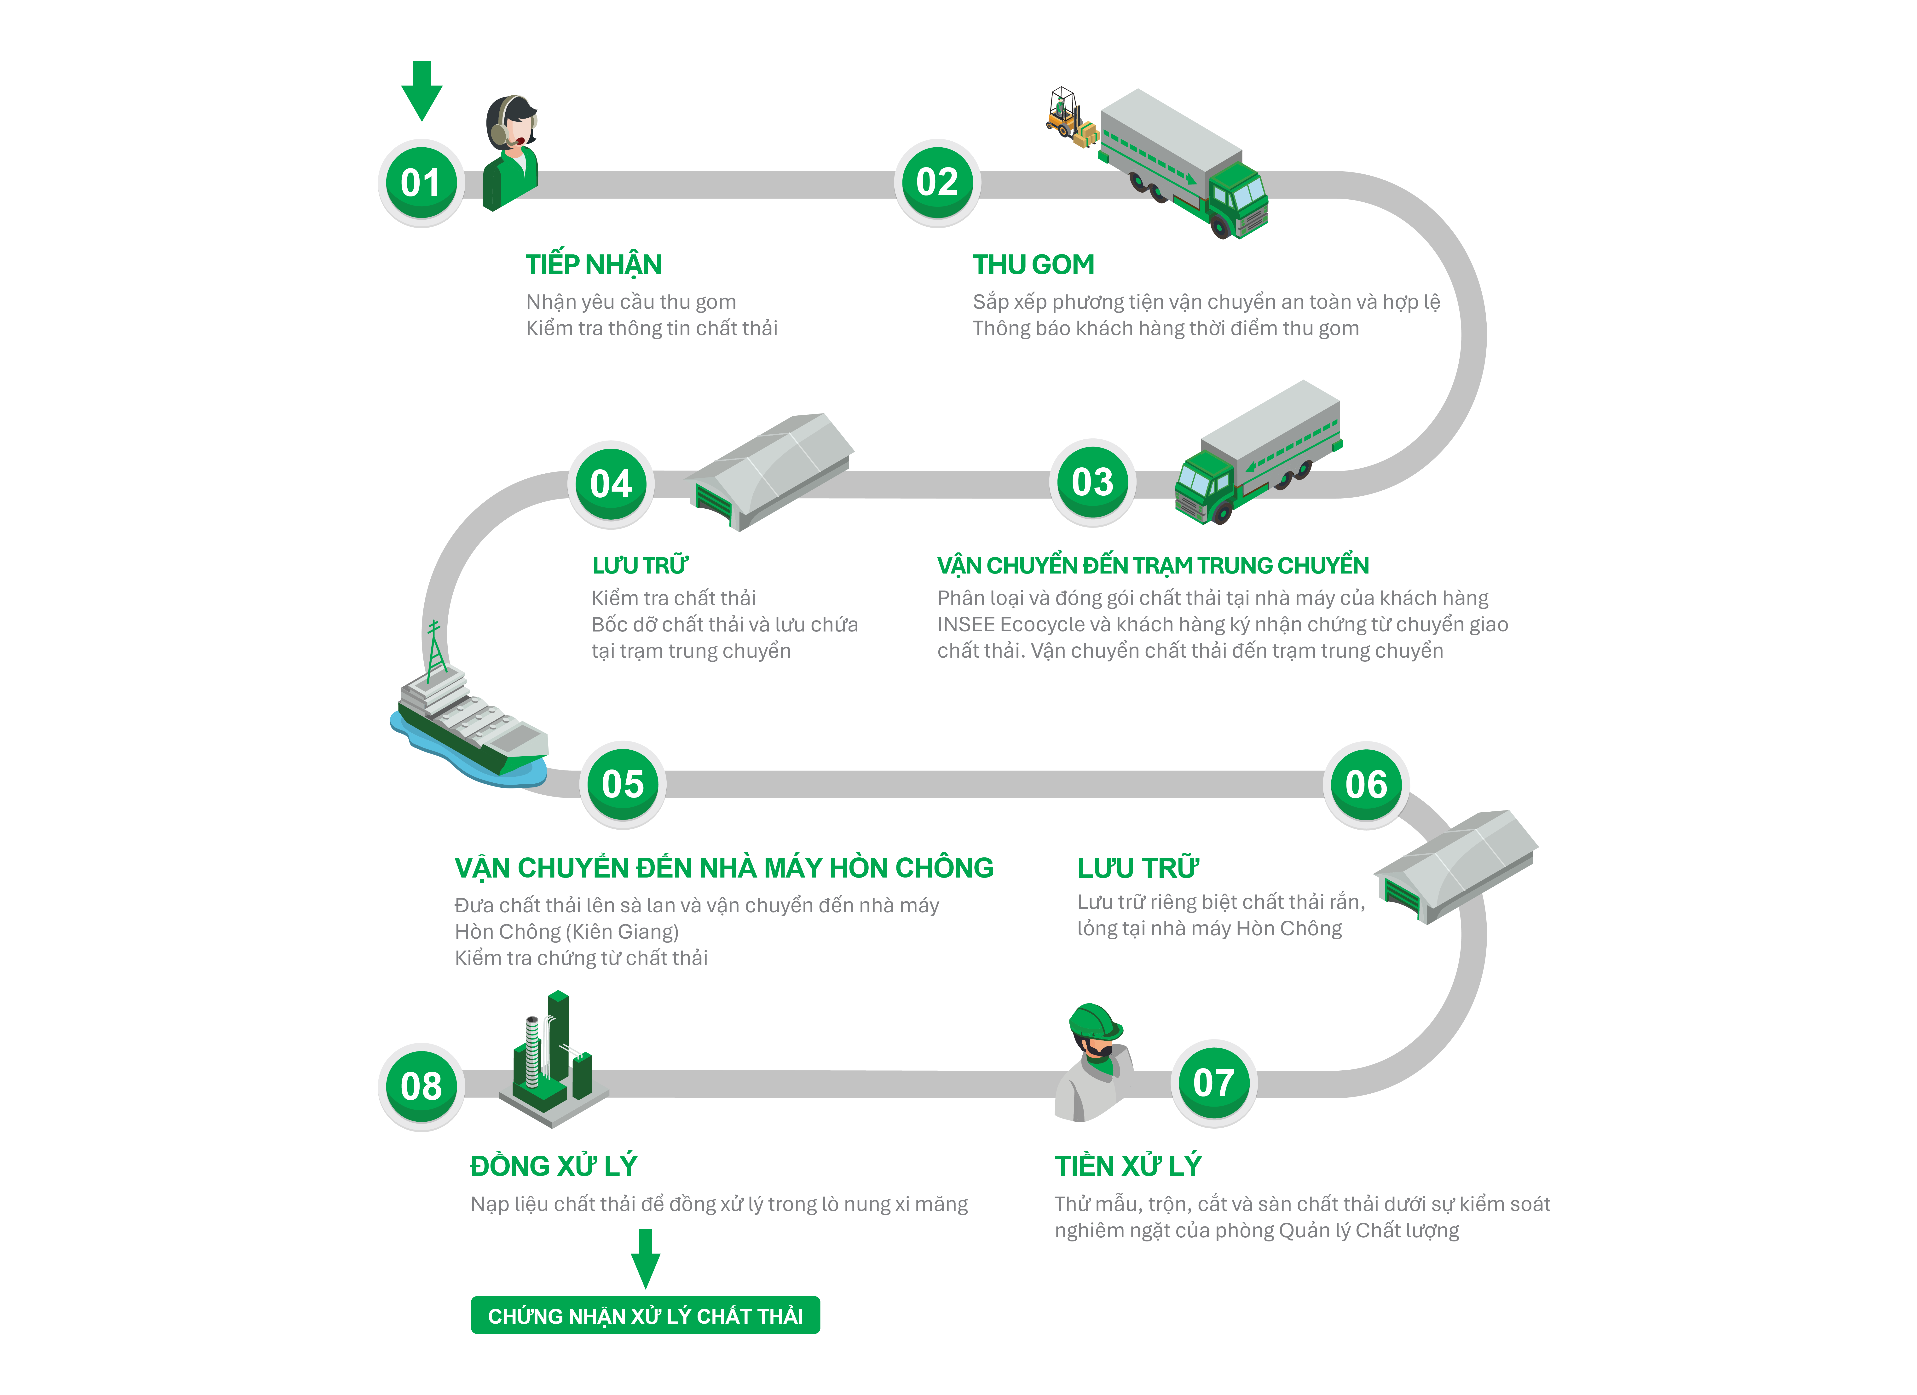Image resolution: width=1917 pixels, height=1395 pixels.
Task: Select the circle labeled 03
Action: (1092, 482)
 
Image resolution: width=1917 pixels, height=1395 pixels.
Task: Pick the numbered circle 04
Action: (610, 484)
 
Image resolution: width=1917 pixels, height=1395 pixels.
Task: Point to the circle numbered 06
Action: (1365, 785)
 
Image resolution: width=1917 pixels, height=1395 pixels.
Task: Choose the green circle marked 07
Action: (1213, 1083)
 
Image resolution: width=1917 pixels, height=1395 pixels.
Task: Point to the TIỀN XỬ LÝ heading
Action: (1127, 1166)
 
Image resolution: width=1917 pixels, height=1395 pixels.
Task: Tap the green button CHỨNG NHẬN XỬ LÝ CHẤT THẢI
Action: (645, 1315)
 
